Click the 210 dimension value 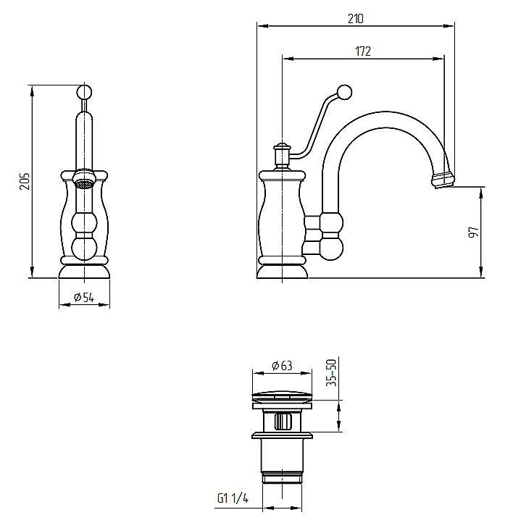[355, 19]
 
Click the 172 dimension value [363, 51]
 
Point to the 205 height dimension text [25, 181]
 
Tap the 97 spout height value [474, 232]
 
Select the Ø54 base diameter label [84, 297]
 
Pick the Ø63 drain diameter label [282, 366]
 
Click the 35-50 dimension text [332, 372]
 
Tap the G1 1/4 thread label [233, 498]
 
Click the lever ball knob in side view [344, 93]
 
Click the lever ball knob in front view [84, 92]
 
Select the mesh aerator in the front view [83, 184]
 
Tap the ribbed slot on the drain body [283, 422]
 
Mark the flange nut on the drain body [282, 435]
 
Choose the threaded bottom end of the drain [282, 478]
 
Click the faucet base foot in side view [282, 272]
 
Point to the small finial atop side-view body [282, 147]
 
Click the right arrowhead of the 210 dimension [449, 25]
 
